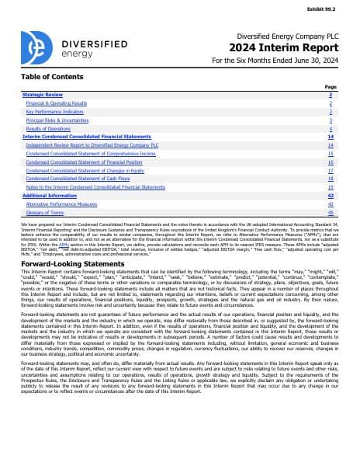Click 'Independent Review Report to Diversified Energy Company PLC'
[92, 144]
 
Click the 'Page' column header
[331, 87]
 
